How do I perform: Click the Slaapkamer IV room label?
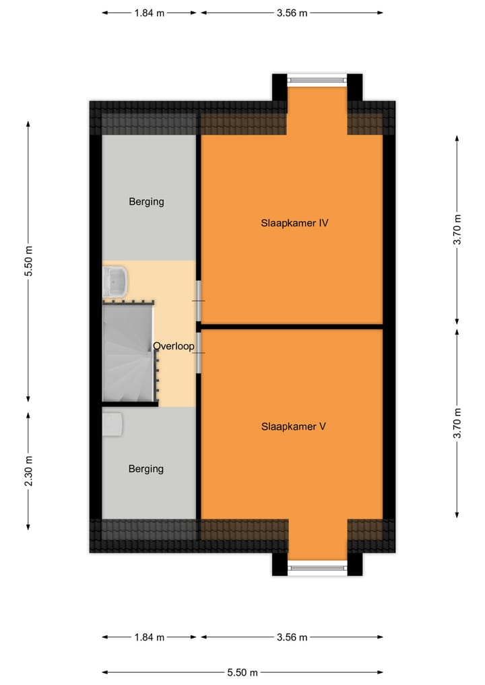294,223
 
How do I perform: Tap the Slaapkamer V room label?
294,426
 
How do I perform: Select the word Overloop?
173,347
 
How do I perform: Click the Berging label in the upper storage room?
146,201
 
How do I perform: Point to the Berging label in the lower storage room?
146,469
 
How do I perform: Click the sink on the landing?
115,282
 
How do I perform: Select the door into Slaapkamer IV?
198,300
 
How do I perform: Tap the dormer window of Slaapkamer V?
317,568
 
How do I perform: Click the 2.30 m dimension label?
28,472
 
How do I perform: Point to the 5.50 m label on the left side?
28,261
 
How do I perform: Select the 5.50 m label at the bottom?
242,672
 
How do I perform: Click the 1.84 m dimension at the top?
150,13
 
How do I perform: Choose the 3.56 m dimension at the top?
292,13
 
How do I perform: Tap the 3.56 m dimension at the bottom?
292,637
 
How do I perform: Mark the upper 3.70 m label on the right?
457,229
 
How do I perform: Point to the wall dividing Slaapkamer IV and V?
292,327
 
